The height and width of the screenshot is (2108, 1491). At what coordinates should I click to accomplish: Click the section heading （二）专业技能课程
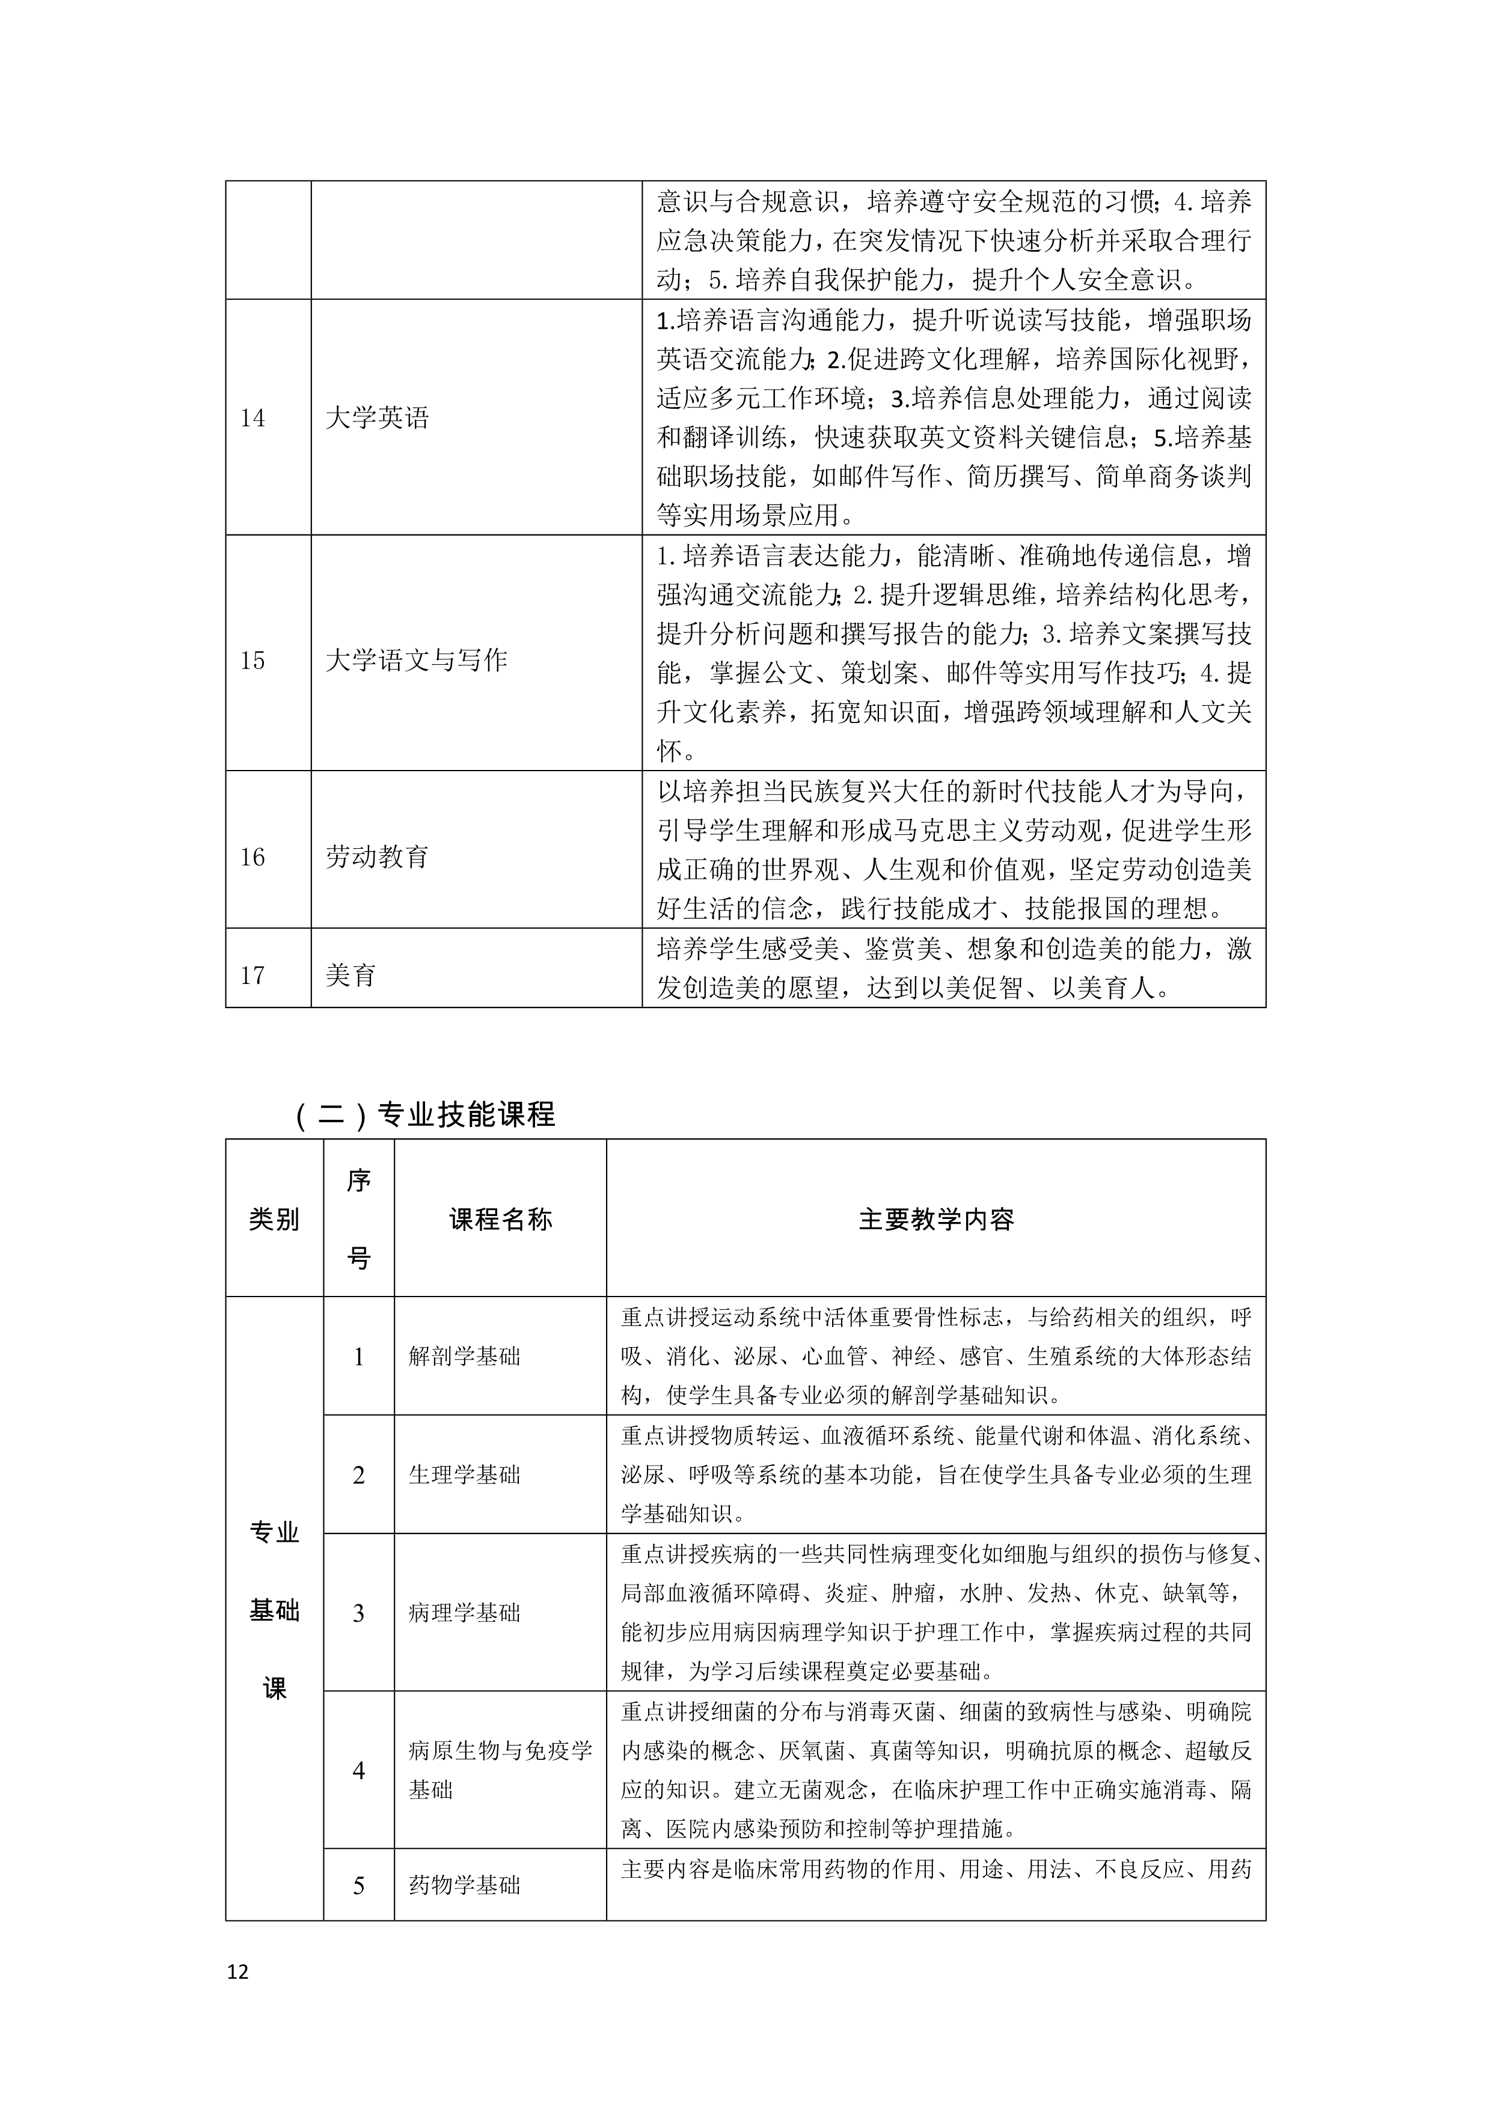[425, 1114]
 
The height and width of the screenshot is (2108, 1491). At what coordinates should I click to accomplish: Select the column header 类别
[274, 1219]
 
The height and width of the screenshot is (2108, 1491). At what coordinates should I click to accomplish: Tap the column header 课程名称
[500, 1219]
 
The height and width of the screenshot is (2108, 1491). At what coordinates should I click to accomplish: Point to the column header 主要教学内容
[935, 1219]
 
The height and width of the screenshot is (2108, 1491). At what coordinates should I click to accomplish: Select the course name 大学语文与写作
[416, 660]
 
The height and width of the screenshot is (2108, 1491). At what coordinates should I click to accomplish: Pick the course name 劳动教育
[378, 857]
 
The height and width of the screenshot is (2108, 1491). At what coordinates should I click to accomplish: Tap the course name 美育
[351, 975]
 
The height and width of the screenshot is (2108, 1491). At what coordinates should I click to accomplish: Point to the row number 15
[253, 660]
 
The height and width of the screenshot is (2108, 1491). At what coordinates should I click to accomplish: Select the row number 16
[253, 857]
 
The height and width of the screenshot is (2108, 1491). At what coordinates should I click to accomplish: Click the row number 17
[253, 975]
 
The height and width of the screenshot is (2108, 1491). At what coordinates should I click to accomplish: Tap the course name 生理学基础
[465, 1474]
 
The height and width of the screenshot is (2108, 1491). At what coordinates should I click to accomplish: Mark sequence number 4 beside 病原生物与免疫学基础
[359, 1770]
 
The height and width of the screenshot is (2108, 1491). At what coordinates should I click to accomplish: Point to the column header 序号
[359, 1219]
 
